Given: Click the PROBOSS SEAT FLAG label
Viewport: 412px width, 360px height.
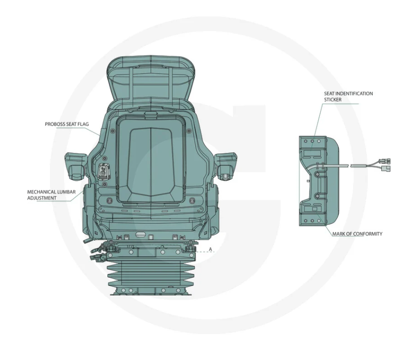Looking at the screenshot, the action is (x=67, y=124).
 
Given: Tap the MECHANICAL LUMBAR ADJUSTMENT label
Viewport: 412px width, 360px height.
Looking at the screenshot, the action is (x=51, y=195).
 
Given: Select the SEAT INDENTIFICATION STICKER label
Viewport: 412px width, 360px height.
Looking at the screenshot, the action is (x=348, y=97).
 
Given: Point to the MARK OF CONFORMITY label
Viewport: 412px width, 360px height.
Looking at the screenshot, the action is (x=357, y=234).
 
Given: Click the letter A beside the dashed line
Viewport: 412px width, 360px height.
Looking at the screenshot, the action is (x=210, y=249).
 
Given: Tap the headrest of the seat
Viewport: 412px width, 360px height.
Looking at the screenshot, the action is (x=152, y=78).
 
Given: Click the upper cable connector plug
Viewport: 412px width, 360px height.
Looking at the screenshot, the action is (x=384, y=161).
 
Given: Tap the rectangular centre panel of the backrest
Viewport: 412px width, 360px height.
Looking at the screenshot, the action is (x=151, y=160).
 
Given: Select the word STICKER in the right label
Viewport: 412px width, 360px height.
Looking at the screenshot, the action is (x=333, y=99).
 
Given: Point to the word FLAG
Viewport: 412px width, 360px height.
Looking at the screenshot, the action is (x=83, y=124).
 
